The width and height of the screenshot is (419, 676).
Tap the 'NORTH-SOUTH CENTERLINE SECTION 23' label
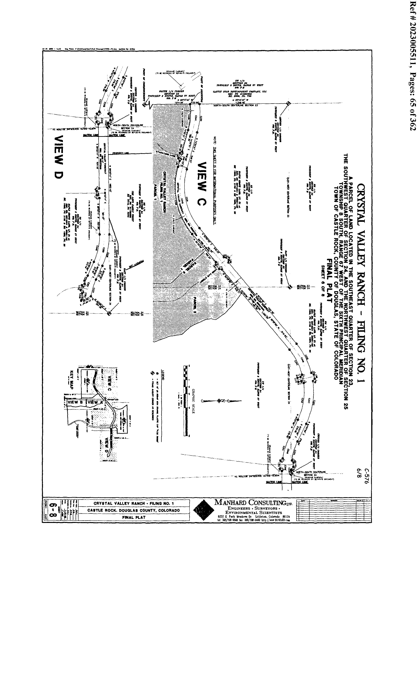point(235,105)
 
